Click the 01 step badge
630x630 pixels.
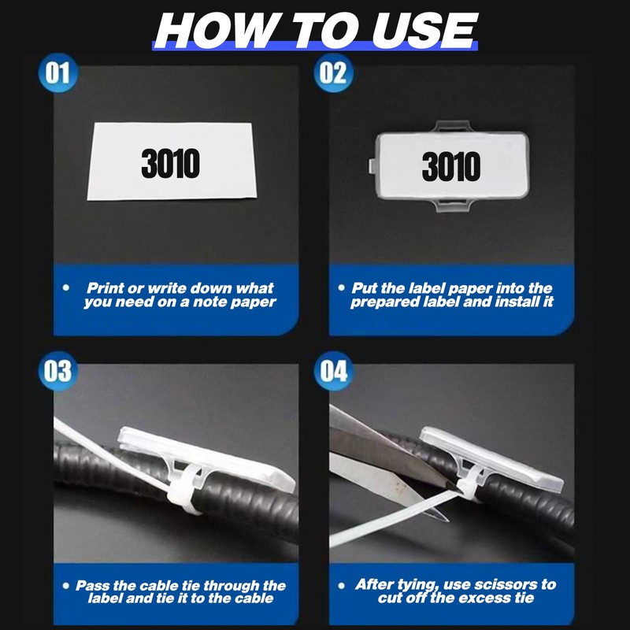click(57, 72)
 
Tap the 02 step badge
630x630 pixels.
click(333, 72)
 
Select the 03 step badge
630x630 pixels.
click(57, 371)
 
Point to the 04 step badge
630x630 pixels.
click(333, 371)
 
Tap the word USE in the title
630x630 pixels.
click(425, 31)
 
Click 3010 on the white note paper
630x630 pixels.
click(170, 163)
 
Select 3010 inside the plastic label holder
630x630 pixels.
click(450, 166)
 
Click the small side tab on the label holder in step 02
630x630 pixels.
click(372, 166)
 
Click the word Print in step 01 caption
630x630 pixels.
click(106, 288)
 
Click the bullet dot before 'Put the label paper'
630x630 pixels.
click(342, 287)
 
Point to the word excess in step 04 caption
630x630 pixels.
click(482, 598)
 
